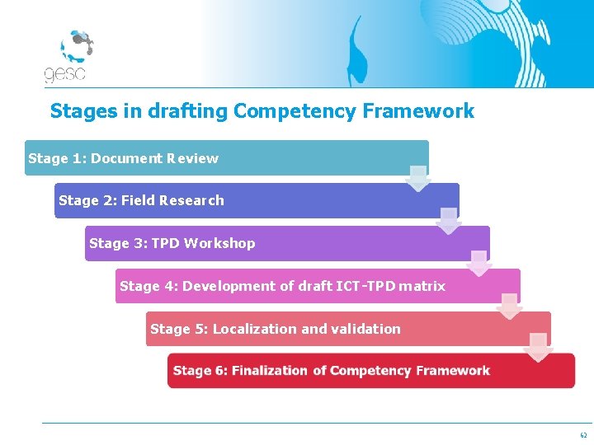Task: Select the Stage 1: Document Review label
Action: click(123, 158)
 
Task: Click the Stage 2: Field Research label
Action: click(141, 200)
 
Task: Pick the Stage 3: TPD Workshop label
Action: click(172, 243)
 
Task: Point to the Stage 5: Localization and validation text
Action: click(275, 329)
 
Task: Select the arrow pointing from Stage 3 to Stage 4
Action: click(479, 264)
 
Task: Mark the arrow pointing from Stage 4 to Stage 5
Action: click(510, 307)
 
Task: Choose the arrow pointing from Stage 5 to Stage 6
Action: click(539, 348)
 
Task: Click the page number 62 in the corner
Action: click(583, 434)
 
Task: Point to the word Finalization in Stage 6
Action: click(270, 371)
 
